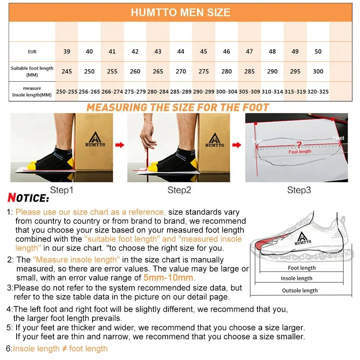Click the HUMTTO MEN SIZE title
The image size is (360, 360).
[180, 13]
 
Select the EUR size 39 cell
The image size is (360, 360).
[67, 51]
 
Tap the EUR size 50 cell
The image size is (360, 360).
[318, 51]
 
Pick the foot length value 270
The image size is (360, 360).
[181, 71]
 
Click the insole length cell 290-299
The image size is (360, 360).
[204, 92]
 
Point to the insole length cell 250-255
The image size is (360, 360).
[67, 92]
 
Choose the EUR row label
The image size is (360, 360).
[32, 52]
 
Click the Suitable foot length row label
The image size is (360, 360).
[32, 71]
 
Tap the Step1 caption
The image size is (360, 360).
[62, 190]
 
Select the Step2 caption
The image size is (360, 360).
[179, 190]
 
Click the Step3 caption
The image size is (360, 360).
[299, 190]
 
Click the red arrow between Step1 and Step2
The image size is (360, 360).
[120, 145]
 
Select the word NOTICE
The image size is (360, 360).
[28, 198]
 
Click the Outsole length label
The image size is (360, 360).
[300, 291]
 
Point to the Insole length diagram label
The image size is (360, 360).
[297, 278]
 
